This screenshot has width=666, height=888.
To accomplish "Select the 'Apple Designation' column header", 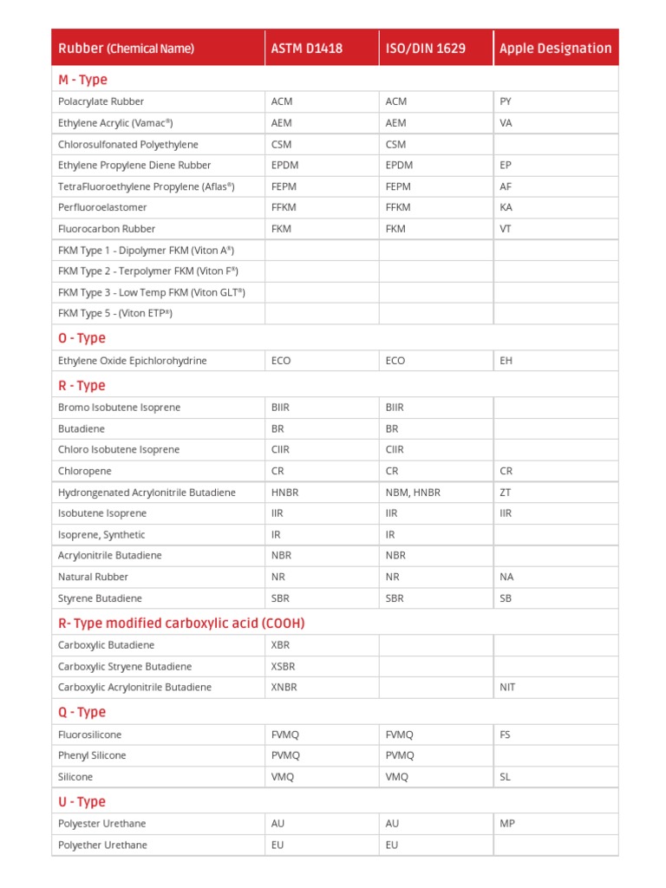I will pos(555,49).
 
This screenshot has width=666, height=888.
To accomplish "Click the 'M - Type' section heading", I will pos(82,80).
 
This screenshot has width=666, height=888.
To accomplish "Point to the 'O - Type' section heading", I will pos(82,338).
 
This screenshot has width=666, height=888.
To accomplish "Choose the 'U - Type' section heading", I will pos(82,802).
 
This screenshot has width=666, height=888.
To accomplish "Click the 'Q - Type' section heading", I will pos(82,712).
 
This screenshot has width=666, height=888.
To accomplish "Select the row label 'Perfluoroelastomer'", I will pos(102,207).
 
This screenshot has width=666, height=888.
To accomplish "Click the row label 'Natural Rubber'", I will pos(93,577).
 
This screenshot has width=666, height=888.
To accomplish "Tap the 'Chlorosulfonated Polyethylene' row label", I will pos(127,144).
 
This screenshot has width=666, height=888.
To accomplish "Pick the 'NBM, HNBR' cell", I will pos(413,493).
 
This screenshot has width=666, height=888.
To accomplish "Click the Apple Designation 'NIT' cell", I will pos(508,687).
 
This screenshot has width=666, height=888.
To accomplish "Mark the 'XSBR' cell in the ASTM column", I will pos(284,666).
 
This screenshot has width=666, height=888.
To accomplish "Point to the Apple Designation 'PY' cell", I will pos(506,101).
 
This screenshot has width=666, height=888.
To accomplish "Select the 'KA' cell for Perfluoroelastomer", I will pos(506,207).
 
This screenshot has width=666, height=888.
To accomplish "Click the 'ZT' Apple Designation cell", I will pos(506,493).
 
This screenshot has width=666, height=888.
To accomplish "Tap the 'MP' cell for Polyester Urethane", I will pos(507,823).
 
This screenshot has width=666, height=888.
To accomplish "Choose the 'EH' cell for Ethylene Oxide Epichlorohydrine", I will pos(506,361).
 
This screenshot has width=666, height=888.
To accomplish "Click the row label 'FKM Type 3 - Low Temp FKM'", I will pos(151,292).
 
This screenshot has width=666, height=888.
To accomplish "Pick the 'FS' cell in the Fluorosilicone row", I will pos(506,735).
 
